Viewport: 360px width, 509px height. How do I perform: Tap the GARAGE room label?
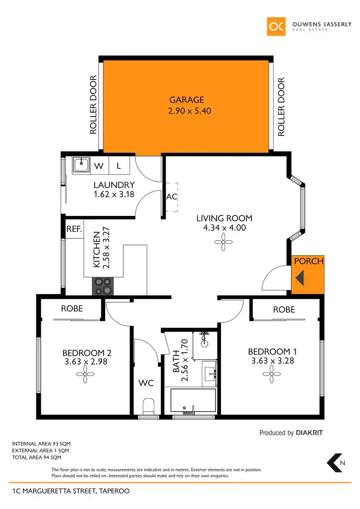tap(186, 100)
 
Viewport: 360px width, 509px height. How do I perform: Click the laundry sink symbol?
tap(81, 166)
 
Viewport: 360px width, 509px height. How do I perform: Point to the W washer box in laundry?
tap(99, 166)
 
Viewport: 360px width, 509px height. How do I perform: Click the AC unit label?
tap(171, 197)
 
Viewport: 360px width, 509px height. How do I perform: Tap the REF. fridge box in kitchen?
tap(74, 229)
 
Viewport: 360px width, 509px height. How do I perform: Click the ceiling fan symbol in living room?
tap(224, 244)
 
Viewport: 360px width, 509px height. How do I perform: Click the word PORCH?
tap(308, 261)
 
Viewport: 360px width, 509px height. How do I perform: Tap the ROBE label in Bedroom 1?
tap(284, 310)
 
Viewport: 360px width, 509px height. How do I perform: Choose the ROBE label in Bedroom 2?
tap(72, 309)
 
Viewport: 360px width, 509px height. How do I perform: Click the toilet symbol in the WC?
tap(148, 405)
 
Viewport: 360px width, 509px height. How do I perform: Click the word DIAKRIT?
tap(309, 433)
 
